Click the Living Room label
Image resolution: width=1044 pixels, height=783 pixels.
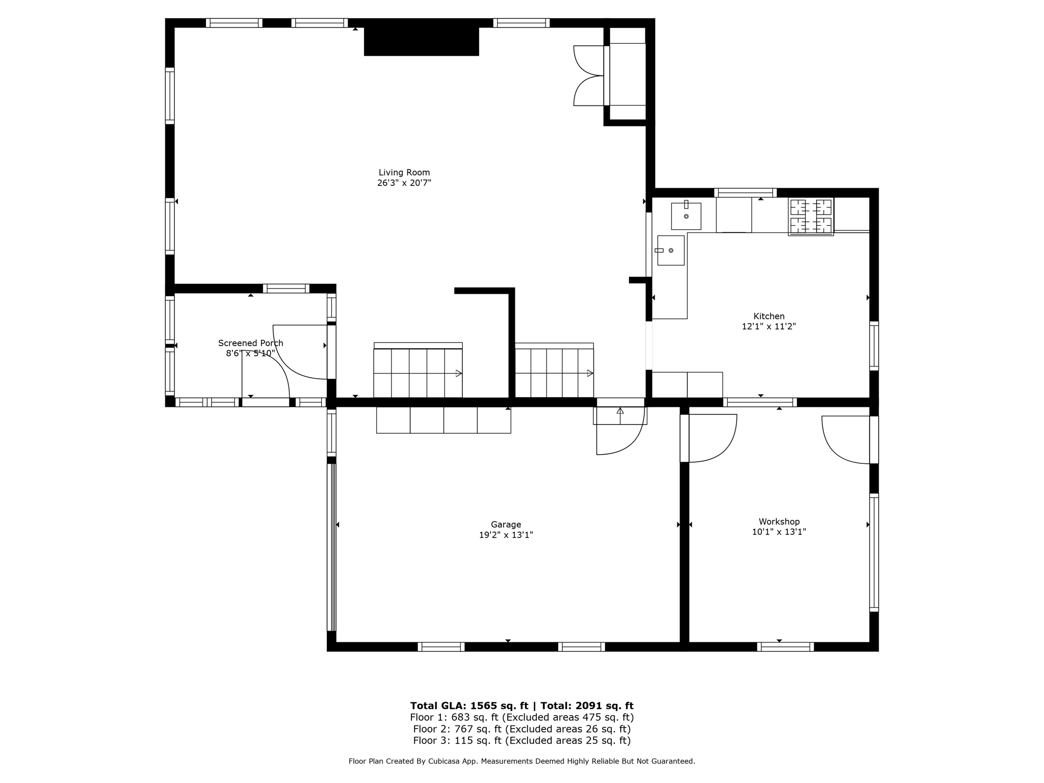pos(404,172)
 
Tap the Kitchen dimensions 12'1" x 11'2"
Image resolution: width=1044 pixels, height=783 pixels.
pos(768,327)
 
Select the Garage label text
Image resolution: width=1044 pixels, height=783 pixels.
pos(506,525)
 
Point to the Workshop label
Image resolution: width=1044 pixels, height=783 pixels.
pos(778,521)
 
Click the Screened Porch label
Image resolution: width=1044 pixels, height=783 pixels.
pos(250,343)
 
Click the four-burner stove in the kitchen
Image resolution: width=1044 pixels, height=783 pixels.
pos(811,216)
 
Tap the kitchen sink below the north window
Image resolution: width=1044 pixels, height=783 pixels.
pos(686,216)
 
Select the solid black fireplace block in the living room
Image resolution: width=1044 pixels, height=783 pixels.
pos(421,41)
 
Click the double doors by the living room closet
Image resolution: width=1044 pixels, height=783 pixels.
pos(589,75)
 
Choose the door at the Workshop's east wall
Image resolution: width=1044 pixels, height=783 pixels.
pos(846,439)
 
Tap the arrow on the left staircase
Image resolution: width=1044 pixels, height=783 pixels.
pos(458,374)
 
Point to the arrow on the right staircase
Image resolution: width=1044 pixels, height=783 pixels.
pos(590,374)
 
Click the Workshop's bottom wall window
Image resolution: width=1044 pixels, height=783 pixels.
pos(785,647)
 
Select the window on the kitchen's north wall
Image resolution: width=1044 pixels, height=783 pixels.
pos(745,193)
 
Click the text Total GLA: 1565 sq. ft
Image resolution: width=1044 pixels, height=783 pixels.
pos(469,706)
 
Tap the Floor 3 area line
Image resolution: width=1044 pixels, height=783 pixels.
pos(521,740)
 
